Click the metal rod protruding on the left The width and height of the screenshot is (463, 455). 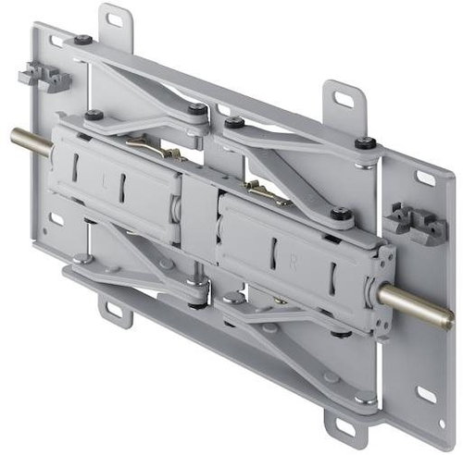click(x=27, y=141)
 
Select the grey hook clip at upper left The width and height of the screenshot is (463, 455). click(x=44, y=77)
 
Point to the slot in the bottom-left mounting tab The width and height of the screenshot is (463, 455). click(x=118, y=310)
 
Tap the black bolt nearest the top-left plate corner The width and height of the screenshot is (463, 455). click(x=83, y=40)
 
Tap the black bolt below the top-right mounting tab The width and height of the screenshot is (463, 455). click(x=367, y=143)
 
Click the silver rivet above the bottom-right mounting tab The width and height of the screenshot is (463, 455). click(x=365, y=400)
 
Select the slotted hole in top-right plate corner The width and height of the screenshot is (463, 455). click(x=425, y=178)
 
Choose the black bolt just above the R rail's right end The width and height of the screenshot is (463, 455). click(x=341, y=213)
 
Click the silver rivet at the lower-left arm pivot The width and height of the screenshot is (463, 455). click(x=82, y=259)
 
